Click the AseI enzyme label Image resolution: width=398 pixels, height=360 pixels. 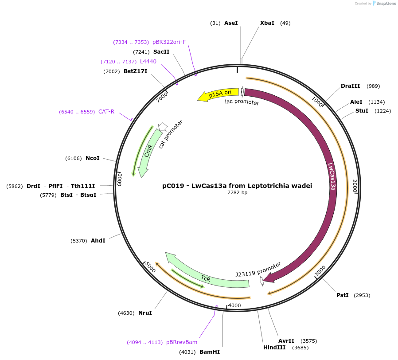click(x=231, y=23)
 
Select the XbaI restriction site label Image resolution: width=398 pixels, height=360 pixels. click(x=267, y=23)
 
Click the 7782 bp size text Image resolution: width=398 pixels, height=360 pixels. click(x=237, y=193)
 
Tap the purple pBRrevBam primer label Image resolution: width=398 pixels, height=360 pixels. click(x=182, y=342)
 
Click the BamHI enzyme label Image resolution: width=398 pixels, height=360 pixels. click(x=210, y=352)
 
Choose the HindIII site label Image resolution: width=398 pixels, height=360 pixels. click(x=274, y=347)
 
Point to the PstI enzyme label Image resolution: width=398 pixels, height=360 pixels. click(x=343, y=295)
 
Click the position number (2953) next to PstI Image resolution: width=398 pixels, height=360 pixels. click(x=362, y=295)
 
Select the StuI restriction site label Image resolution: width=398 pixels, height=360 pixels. click(x=362, y=110)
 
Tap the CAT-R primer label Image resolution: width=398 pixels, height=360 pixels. click(x=106, y=112)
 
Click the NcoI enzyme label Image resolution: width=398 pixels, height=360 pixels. click(x=93, y=158)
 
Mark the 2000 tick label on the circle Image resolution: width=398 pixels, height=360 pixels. click(x=355, y=186)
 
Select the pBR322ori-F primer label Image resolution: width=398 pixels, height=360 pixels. click(x=169, y=42)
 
